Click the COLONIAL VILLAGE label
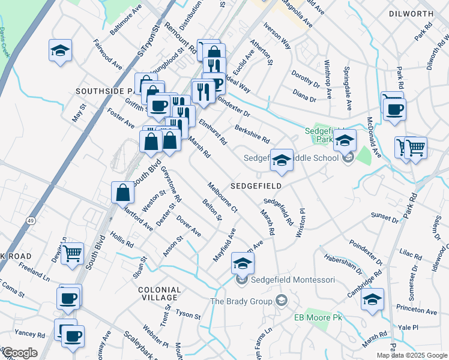click(x=158, y=293)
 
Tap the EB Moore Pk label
click(x=318, y=317)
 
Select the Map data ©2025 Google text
click(x=412, y=355)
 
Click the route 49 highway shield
click(x=29, y=221)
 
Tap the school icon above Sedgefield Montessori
click(x=243, y=263)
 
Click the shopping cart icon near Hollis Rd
click(x=73, y=253)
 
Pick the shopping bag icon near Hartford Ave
click(x=122, y=193)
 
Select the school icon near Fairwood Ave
click(x=60, y=50)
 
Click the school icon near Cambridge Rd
click(x=372, y=299)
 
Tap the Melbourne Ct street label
click(x=223, y=197)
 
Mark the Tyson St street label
click(x=188, y=314)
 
